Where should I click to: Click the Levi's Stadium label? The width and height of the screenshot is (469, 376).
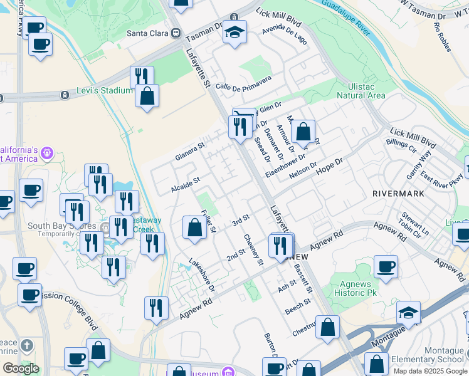point(105,91)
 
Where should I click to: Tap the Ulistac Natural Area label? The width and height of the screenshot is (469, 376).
point(361,91)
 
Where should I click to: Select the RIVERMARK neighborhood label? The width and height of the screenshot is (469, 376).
point(398,194)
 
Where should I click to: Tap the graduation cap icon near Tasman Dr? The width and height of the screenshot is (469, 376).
point(235,32)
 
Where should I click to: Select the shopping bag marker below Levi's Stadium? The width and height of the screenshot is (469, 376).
point(147,97)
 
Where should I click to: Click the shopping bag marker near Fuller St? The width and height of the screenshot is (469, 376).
point(194,229)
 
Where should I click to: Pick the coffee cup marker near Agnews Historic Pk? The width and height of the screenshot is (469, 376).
point(386,266)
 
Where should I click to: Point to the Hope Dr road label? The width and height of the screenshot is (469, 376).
point(330,165)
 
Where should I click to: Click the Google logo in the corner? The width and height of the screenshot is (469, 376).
point(21,368)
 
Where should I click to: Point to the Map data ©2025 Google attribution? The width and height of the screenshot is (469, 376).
point(430,371)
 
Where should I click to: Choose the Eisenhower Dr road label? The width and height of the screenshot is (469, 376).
point(286,165)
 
